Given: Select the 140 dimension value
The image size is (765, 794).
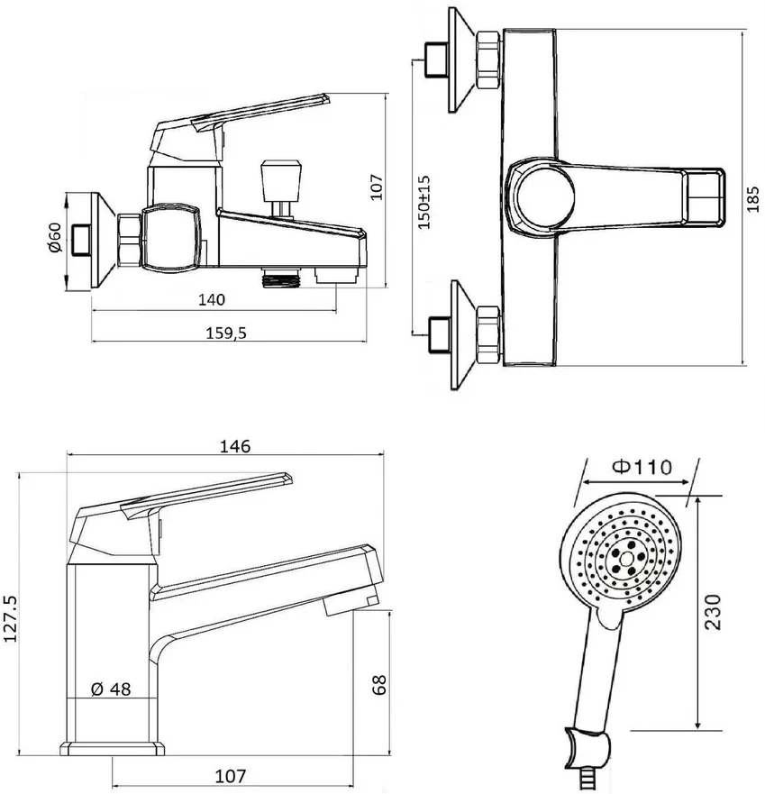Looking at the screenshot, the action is coord(211,300).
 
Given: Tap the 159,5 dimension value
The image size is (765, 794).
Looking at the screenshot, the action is coord(226,333).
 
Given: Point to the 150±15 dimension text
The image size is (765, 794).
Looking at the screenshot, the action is coord(424,202).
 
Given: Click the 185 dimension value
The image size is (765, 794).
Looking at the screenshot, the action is coord(753,198).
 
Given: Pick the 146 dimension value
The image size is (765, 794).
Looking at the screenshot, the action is coord(235,446).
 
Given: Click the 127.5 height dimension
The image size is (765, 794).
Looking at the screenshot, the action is coord(10,618).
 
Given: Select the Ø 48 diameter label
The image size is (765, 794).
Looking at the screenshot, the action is coord(111,689).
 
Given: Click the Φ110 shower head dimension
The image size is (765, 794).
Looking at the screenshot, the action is coord(642,466).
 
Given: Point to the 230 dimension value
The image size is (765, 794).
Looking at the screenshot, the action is coord(713,612).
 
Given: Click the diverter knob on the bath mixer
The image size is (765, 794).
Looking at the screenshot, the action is coord(281,179).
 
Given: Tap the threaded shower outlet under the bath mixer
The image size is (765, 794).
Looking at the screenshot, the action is coord(282,278).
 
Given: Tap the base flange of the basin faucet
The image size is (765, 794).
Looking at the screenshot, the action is coord(113,749).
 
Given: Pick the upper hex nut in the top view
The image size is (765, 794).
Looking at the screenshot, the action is coord(488,60).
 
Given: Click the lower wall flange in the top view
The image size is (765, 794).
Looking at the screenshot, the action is coord(463,334).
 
